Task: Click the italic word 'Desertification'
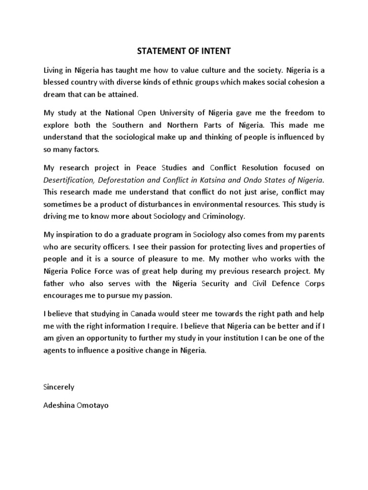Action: (68, 180)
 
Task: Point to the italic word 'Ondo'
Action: (255, 180)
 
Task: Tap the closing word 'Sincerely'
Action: (59, 386)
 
